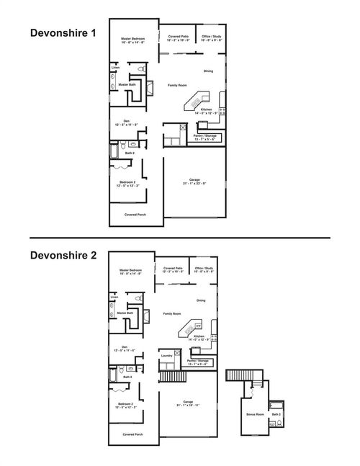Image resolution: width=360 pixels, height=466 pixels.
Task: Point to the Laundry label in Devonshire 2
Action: click(166, 355)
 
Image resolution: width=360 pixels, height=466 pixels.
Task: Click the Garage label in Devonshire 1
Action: click(194, 179)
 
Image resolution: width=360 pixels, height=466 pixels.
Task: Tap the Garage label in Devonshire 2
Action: click(188, 402)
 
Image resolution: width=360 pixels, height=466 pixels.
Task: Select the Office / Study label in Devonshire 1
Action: click(212, 36)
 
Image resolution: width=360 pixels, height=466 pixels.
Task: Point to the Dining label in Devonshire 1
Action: click(208, 71)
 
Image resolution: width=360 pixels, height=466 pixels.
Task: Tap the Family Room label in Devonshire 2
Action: click(171, 314)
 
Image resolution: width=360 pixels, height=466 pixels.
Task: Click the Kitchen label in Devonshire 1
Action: click(206, 109)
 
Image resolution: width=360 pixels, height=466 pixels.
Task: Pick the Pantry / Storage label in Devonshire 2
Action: click(197, 361)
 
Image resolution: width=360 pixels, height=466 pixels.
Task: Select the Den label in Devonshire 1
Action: click(126, 122)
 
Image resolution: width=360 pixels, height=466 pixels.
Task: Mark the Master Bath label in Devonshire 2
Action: click(125, 313)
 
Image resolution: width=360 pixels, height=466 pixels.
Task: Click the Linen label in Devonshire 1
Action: click(115, 68)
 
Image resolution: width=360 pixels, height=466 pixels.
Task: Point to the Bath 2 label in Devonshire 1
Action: click(130, 153)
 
